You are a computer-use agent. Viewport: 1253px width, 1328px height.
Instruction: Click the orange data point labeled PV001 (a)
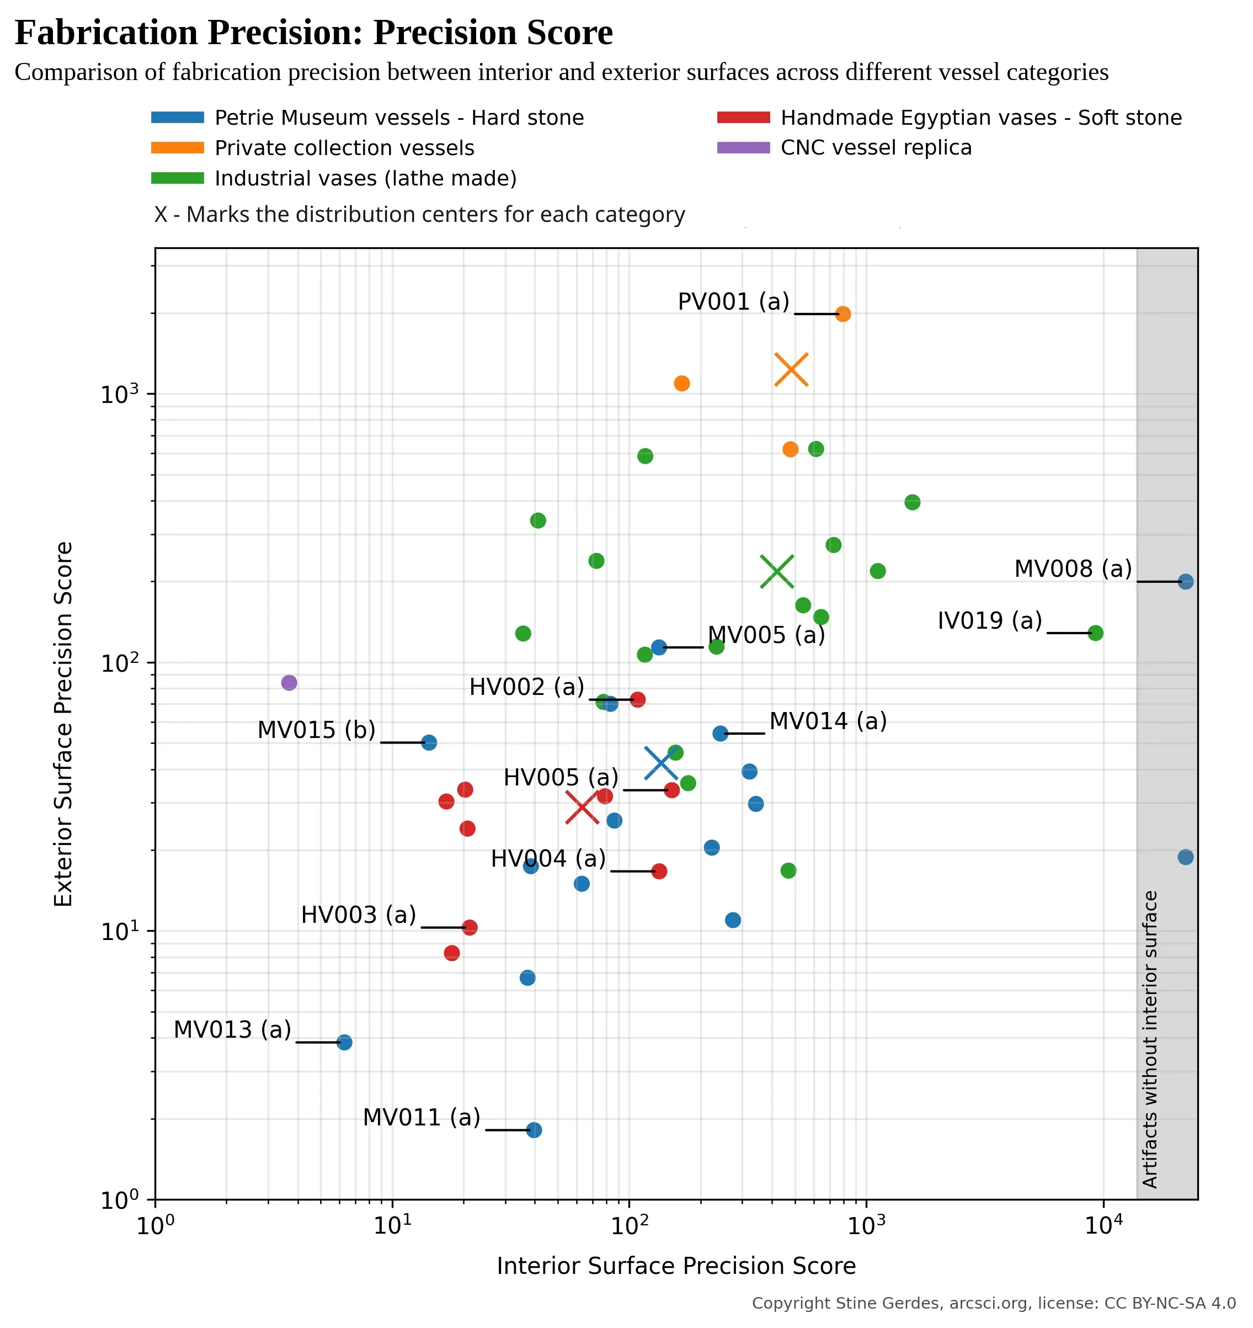click(843, 314)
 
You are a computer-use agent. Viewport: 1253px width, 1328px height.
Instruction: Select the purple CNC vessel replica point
click(289, 683)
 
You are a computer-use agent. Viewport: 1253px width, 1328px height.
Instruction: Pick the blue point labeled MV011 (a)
click(534, 1130)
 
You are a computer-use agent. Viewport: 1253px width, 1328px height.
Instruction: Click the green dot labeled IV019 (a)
click(1095, 633)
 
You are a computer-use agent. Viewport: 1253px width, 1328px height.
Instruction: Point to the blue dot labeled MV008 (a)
click(1186, 582)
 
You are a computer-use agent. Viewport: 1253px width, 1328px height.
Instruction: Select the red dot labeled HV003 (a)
click(470, 927)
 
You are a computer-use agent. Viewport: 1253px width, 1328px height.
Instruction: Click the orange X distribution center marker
click(792, 369)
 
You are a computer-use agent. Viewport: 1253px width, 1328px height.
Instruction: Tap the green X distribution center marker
click(777, 572)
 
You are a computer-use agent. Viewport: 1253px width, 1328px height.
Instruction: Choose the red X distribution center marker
click(582, 808)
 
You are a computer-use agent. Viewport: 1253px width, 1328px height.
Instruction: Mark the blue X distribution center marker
click(661, 763)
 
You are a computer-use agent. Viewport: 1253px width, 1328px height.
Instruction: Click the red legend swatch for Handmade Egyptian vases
click(743, 118)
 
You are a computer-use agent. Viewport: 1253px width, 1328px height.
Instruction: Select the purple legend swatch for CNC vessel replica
click(743, 147)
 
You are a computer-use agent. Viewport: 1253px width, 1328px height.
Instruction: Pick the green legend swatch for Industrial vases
click(177, 178)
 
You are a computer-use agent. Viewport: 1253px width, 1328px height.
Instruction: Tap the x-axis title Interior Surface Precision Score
click(676, 1267)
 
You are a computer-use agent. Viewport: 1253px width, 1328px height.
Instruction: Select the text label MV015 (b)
click(317, 730)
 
